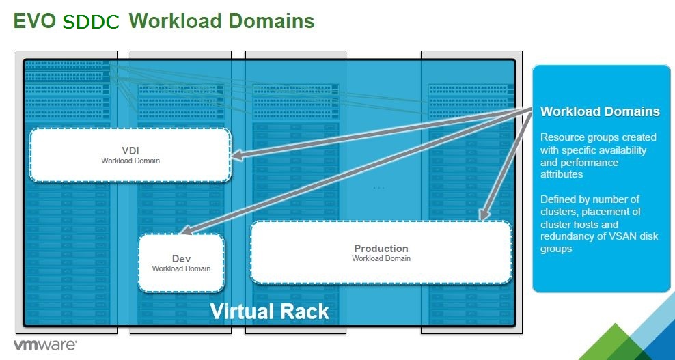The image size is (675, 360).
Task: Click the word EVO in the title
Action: point(34,21)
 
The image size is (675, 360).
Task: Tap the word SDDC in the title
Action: point(91,23)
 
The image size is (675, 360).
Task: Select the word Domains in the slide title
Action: point(271,21)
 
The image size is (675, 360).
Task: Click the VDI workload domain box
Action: point(130,155)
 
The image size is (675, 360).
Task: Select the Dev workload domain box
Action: point(181,264)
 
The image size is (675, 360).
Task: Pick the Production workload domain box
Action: point(381,253)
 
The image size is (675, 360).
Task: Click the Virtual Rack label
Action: point(269,311)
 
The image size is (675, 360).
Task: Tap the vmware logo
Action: point(45,345)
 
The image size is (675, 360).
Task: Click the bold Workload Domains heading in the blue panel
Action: point(600,112)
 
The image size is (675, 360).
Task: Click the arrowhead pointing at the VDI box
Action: point(236,157)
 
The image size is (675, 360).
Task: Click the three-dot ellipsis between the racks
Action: point(378,187)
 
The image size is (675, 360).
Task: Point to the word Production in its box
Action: point(381,249)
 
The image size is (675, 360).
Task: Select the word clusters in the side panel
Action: point(557,212)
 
